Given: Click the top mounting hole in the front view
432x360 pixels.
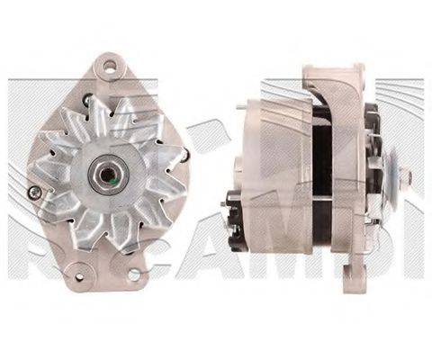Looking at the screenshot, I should [109, 66].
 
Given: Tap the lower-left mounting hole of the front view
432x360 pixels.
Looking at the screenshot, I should [78, 266].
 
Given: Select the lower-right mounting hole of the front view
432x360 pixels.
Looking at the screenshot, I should [134, 274].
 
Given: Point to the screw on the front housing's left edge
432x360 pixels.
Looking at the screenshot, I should [33, 192].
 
